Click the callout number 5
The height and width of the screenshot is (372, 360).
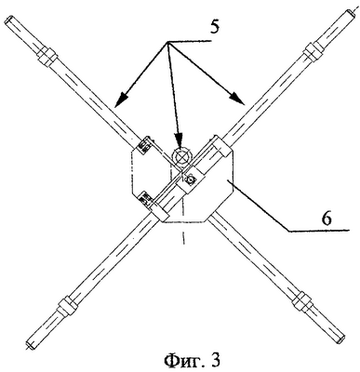pyautogui.click(x=214, y=27)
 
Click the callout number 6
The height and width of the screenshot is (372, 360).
pyautogui.click(x=327, y=219)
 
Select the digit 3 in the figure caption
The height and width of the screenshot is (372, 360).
pyautogui.click(x=213, y=360)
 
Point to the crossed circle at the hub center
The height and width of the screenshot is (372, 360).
pyautogui.click(x=182, y=156)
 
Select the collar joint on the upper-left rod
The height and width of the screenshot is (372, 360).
pyautogui.click(x=47, y=56)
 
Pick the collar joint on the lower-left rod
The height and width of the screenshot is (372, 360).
pyautogui.click(x=66, y=307)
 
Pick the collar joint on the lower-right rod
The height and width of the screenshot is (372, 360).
pyautogui.click(x=300, y=300)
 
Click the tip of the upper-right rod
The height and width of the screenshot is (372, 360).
pyautogui.click(x=351, y=12)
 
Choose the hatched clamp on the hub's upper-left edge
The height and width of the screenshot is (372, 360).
pyautogui.click(x=142, y=144)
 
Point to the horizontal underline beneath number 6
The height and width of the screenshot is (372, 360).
pyautogui.click(x=318, y=231)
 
